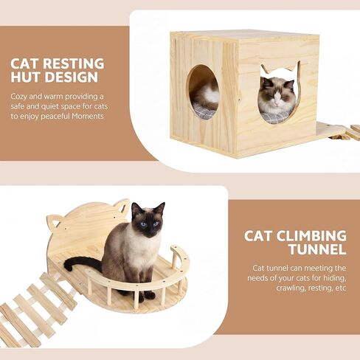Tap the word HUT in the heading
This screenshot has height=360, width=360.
(25, 77)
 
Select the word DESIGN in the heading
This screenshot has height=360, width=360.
(72, 77)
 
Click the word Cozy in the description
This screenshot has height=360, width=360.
(18, 97)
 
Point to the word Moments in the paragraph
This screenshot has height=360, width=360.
(88, 116)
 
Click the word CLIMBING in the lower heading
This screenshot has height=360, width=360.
(311, 236)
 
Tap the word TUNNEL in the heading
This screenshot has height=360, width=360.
(318, 249)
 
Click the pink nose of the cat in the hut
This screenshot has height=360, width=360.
(277, 102)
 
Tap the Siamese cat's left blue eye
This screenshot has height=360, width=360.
(145, 224)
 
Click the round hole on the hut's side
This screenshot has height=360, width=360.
(203, 91)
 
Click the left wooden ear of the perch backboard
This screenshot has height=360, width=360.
(53, 221)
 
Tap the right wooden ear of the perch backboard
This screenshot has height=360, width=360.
(122, 206)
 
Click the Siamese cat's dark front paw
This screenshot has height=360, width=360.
(150, 294)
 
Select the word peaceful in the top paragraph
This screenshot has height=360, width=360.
(55, 116)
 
